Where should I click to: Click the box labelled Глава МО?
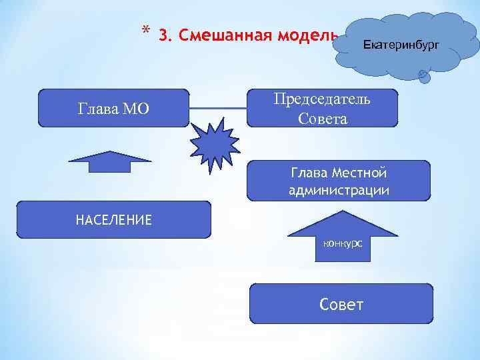pos(113,108)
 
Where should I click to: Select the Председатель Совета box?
pos(323,108)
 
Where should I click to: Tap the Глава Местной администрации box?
pos(339,181)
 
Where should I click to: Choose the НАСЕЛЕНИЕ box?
pos(113,220)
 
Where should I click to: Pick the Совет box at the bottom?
pos(341,305)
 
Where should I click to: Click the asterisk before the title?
pos(145,31)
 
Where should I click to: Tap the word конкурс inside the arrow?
pos(343,243)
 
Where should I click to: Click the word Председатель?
pos(323,99)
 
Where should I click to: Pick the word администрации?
pos(339,190)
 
